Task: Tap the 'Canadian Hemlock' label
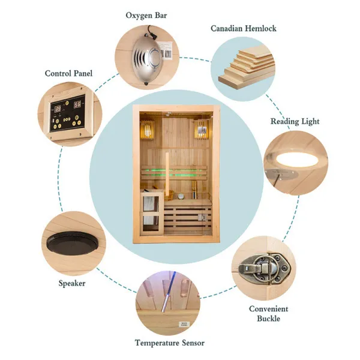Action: click(243, 28)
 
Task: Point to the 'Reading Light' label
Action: click(295, 121)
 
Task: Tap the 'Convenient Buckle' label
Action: click(268, 314)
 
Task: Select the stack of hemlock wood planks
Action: click(247, 68)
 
